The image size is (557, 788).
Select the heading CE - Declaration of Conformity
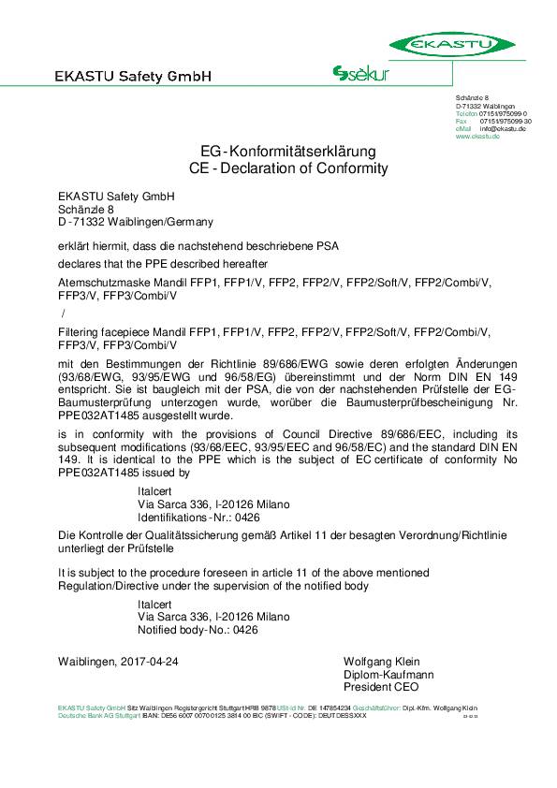click(288, 168)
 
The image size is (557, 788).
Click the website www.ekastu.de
click(477, 137)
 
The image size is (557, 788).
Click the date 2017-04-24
click(146, 661)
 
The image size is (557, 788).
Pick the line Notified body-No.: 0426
click(198, 630)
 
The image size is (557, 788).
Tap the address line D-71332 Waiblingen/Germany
click(136, 222)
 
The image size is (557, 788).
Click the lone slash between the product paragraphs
click(63, 313)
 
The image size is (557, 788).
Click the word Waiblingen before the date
click(86, 661)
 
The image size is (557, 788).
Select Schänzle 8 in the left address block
click(85, 209)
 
